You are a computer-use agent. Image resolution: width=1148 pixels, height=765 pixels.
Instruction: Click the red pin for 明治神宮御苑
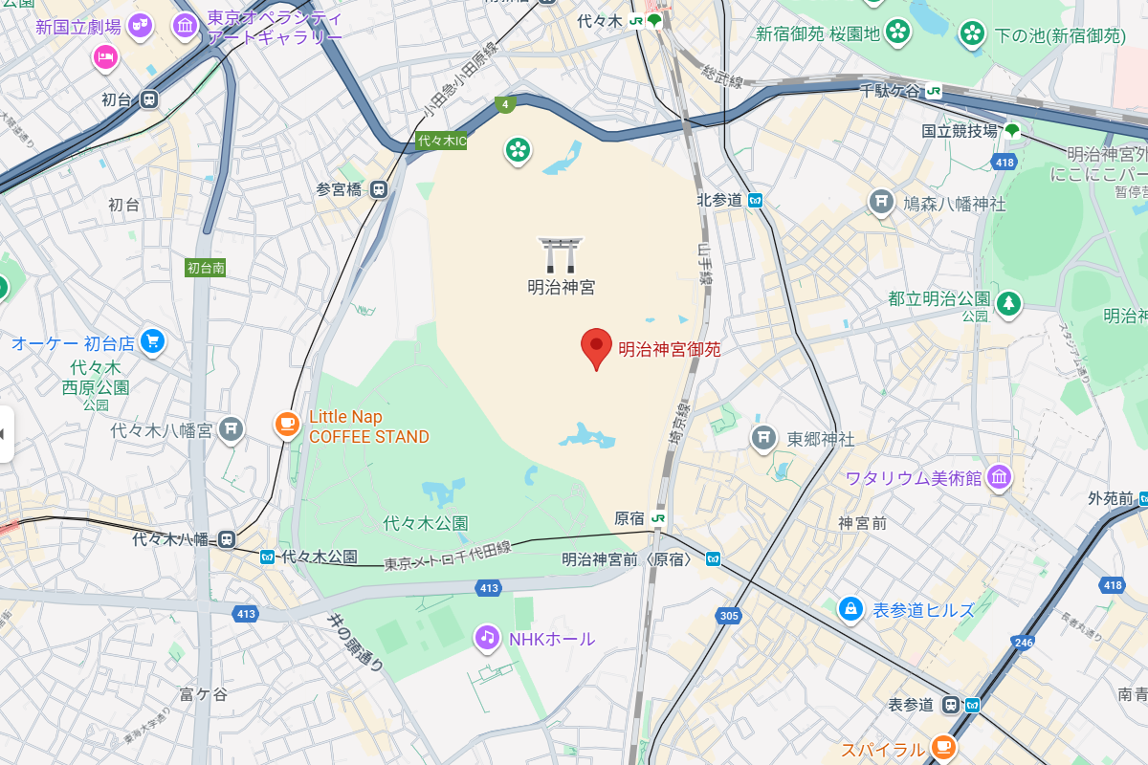pyautogui.click(x=597, y=345)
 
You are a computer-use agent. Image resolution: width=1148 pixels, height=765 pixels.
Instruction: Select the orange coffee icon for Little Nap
pyautogui.click(x=286, y=424)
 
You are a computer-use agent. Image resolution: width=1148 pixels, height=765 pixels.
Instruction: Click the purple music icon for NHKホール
pyautogui.click(x=488, y=636)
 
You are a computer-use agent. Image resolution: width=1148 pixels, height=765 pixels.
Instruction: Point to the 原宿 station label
pyautogui.click(x=629, y=518)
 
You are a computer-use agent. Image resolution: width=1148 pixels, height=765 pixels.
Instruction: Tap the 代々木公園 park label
pyautogui.click(x=425, y=523)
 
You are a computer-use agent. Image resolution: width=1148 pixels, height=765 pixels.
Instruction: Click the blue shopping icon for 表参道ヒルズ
pyautogui.click(x=850, y=608)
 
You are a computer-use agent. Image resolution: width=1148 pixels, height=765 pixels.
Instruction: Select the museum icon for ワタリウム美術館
pyautogui.click(x=999, y=477)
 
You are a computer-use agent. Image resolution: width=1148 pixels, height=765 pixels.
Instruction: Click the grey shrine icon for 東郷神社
pyautogui.click(x=762, y=437)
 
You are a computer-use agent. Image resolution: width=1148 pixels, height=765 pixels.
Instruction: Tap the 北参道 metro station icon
pyautogui.click(x=756, y=200)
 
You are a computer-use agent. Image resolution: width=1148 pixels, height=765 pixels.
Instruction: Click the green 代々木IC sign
pyautogui.click(x=442, y=141)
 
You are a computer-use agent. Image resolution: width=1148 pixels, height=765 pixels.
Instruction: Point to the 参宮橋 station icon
pyautogui.click(x=380, y=189)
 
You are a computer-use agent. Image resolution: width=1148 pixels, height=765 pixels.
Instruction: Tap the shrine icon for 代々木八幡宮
pyautogui.click(x=231, y=429)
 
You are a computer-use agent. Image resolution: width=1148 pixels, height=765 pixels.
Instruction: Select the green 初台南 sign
pyautogui.click(x=206, y=268)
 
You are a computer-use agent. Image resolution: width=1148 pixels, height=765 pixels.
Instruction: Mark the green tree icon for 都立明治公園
pyautogui.click(x=1007, y=304)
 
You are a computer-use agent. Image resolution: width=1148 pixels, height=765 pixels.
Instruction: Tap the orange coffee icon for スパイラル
pyautogui.click(x=942, y=746)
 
